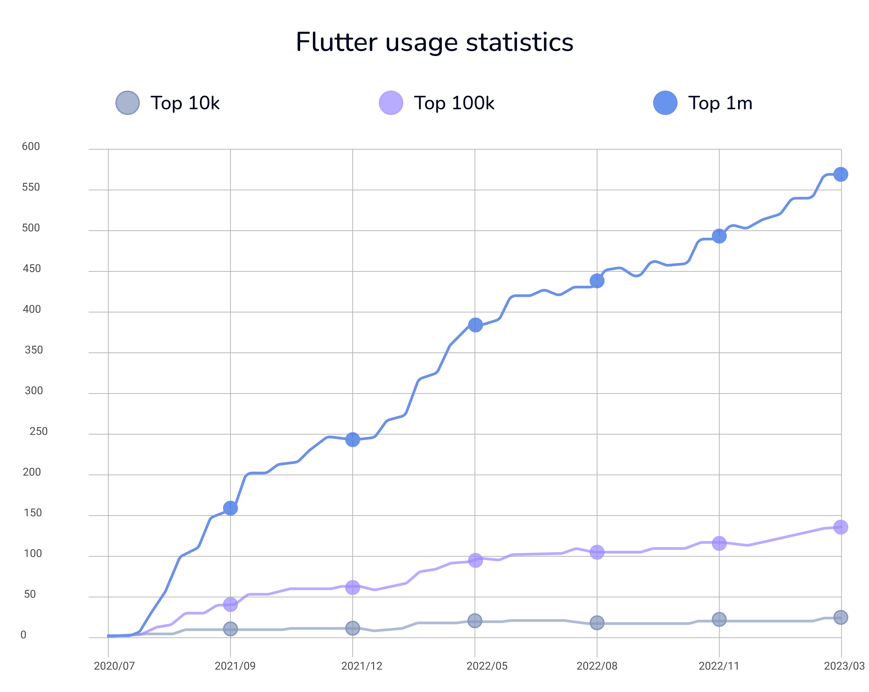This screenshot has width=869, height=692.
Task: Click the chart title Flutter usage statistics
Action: pyautogui.click(x=434, y=42)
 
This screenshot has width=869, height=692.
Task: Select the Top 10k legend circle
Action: pyautogui.click(x=127, y=103)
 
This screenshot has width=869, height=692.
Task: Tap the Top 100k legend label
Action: pyautogui.click(x=454, y=103)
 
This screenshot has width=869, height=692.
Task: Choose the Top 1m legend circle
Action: pyautogui.click(x=665, y=103)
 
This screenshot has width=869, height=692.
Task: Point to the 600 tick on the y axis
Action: pyautogui.click(x=31, y=147)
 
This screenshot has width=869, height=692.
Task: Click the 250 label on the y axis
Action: pyautogui.click(x=39, y=431)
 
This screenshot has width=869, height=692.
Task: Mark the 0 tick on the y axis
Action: pyautogui.click(x=23, y=635)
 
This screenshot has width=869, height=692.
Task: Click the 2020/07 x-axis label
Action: pyautogui.click(x=114, y=666)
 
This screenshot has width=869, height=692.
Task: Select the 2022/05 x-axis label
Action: pyautogui.click(x=487, y=666)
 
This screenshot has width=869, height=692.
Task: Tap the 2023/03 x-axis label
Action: pyautogui.click(x=844, y=666)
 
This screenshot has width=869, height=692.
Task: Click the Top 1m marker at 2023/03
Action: pyautogui.click(x=840, y=174)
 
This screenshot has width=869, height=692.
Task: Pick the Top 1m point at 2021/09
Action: pyautogui.click(x=230, y=508)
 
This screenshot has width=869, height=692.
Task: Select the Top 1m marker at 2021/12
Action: pyautogui.click(x=353, y=439)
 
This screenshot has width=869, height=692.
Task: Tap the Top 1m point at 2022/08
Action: pyautogui.click(x=597, y=281)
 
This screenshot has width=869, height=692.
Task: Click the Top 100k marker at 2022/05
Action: pyautogui.click(x=475, y=560)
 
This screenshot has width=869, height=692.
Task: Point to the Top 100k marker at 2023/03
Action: pyautogui.click(x=840, y=527)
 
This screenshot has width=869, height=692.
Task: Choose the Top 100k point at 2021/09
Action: pyautogui.click(x=230, y=604)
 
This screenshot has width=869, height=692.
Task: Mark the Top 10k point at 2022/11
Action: pyautogui.click(x=719, y=619)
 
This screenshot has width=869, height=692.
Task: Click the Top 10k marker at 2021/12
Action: pyautogui.click(x=353, y=628)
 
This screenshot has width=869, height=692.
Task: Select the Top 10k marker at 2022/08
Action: pyautogui.click(x=597, y=623)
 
